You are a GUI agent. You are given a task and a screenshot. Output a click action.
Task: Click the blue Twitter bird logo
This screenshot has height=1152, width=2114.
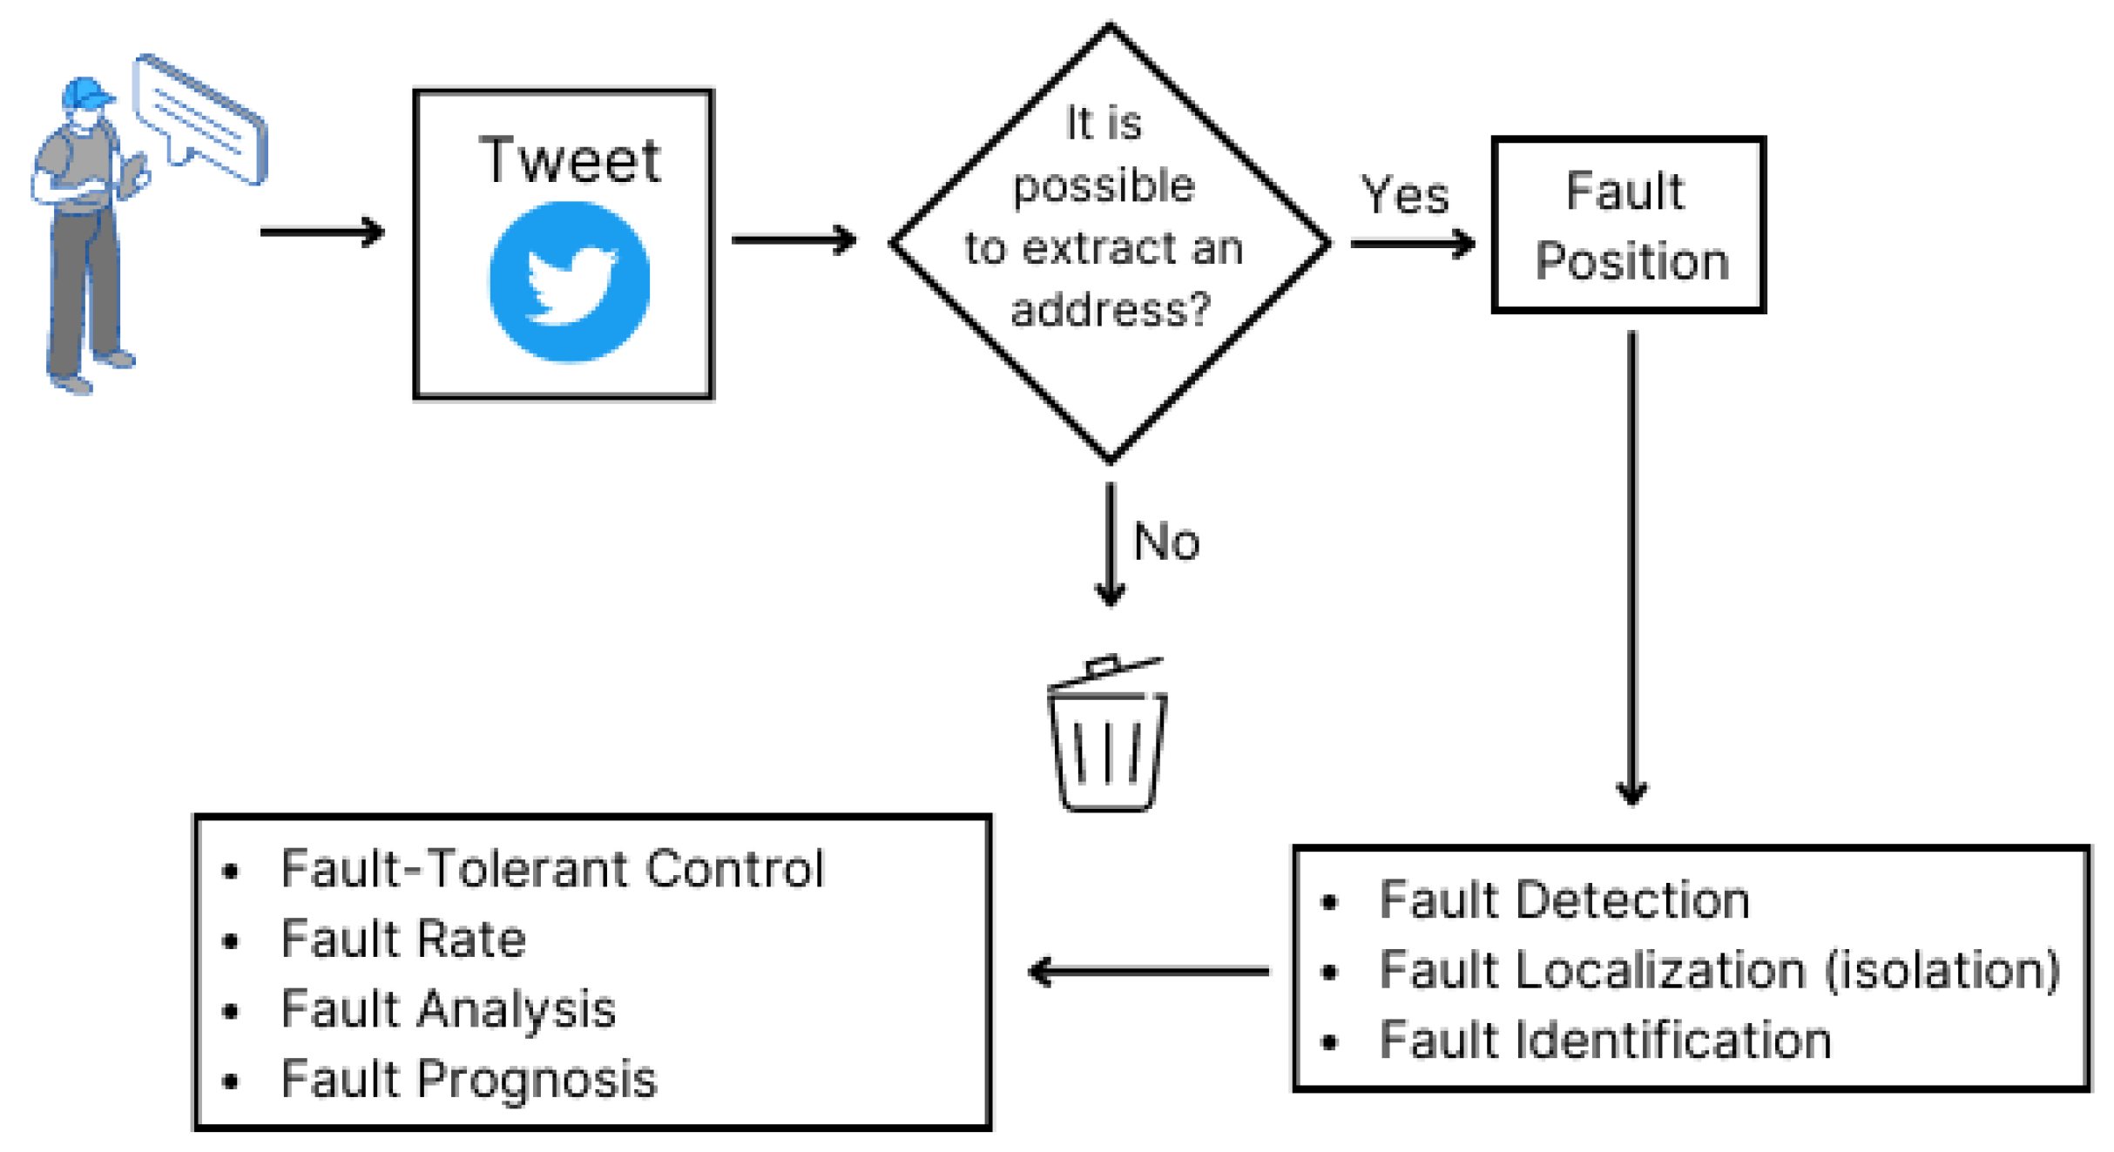click(x=570, y=281)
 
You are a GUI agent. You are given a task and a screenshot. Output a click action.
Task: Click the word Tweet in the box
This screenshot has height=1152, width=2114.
click(x=570, y=161)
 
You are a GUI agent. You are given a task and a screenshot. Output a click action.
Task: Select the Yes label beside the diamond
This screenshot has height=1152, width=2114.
click(x=1405, y=195)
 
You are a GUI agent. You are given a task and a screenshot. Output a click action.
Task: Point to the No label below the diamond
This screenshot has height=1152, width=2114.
click(x=1166, y=542)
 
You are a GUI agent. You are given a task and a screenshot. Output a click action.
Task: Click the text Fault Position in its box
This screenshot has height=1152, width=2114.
click(x=1630, y=226)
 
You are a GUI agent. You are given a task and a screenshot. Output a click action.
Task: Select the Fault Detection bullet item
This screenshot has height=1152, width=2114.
click(x=1564, y=900)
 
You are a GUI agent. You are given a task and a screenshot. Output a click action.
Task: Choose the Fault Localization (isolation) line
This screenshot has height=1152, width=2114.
click(x=1719, y=971)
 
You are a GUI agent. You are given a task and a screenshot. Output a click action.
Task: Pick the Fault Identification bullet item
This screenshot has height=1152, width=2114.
click(x=1604, y=1041)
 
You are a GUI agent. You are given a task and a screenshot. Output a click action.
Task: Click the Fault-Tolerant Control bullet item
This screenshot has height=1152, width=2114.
click(x=552, y=869)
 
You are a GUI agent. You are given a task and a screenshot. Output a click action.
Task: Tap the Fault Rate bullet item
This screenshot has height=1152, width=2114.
click(x=403, y=940)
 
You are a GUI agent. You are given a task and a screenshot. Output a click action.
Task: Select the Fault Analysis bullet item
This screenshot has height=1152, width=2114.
click(x=449, y=1010)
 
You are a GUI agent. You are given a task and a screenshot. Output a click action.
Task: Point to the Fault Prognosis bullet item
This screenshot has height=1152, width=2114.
click(x=469, y=1080)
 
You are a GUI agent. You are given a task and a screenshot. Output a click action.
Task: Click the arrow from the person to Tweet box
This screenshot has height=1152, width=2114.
click(x=322, y=232)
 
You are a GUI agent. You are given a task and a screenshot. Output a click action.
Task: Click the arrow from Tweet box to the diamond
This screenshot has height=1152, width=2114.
click(x=794, y=239)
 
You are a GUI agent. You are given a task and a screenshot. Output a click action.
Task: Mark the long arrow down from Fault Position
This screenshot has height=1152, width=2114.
click(x=1631, y=566)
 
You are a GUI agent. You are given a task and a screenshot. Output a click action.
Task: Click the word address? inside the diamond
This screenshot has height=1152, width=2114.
click(x=1111, y=309)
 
